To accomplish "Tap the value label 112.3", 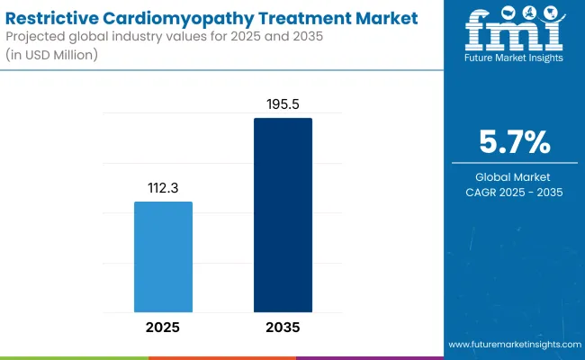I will coord(163,189).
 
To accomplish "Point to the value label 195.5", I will coord(283,105).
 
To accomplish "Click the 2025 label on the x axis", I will coord(163,327).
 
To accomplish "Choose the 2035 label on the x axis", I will coord(283,327).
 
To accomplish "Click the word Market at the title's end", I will coord(387,17).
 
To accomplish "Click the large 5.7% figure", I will coord(516,142).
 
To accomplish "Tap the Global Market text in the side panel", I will coord(516,176).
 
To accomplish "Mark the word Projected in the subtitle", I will coord(37,36).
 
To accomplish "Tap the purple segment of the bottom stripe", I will coord(369,357).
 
